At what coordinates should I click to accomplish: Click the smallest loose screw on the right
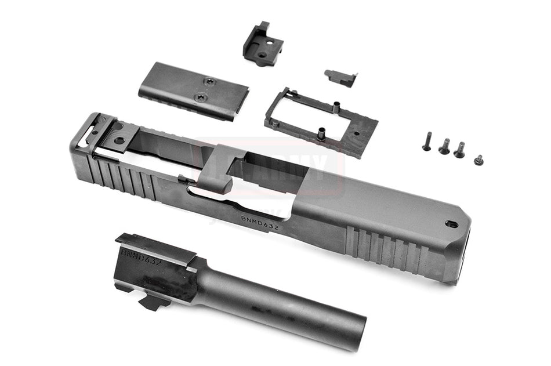(x=478, y=160)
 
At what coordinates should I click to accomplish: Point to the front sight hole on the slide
(x=451, y=224)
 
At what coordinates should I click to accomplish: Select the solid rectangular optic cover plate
(x=194, y=89)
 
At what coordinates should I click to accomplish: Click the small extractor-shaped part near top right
(x=340, y=77)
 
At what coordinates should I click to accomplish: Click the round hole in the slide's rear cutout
(x=119, y=140)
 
